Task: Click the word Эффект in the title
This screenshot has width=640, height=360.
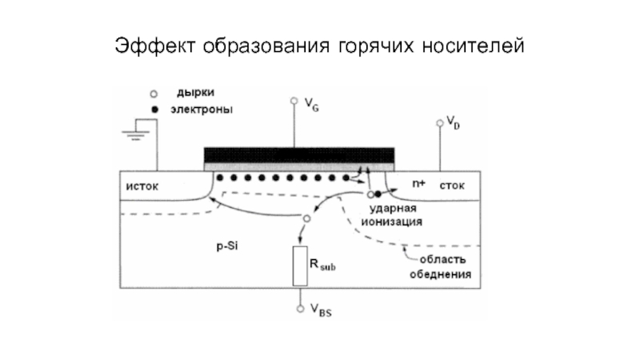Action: click(154, 46)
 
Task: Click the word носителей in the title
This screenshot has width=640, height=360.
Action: click(473, 46)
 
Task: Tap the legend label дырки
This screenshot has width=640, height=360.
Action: click(195, 93)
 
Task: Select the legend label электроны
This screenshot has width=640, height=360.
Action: click(202, 110)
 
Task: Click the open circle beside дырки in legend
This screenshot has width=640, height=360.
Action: click(154, 94)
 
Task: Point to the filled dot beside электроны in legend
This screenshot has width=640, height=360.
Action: click(154, 110)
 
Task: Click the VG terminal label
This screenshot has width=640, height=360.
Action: click(311, 105)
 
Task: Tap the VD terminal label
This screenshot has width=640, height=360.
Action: click(453, 122)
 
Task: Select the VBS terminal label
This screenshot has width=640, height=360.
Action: click(321, 310)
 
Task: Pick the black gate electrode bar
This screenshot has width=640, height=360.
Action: click(299, 155)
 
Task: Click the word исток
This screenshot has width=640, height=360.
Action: click(142, 186)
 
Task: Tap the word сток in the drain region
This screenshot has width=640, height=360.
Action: click(452, 186)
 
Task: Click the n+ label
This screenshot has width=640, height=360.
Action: click(418, 184)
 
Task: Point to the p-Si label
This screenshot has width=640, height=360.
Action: click(227, 246)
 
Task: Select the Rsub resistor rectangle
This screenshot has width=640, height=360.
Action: click(300, 266)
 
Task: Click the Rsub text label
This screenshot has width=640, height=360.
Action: click(322, 265)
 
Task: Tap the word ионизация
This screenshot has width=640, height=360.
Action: click(391, 222)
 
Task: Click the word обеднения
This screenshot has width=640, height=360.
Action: click(441, 274)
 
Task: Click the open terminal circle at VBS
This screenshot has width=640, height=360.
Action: click(301, 309)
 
